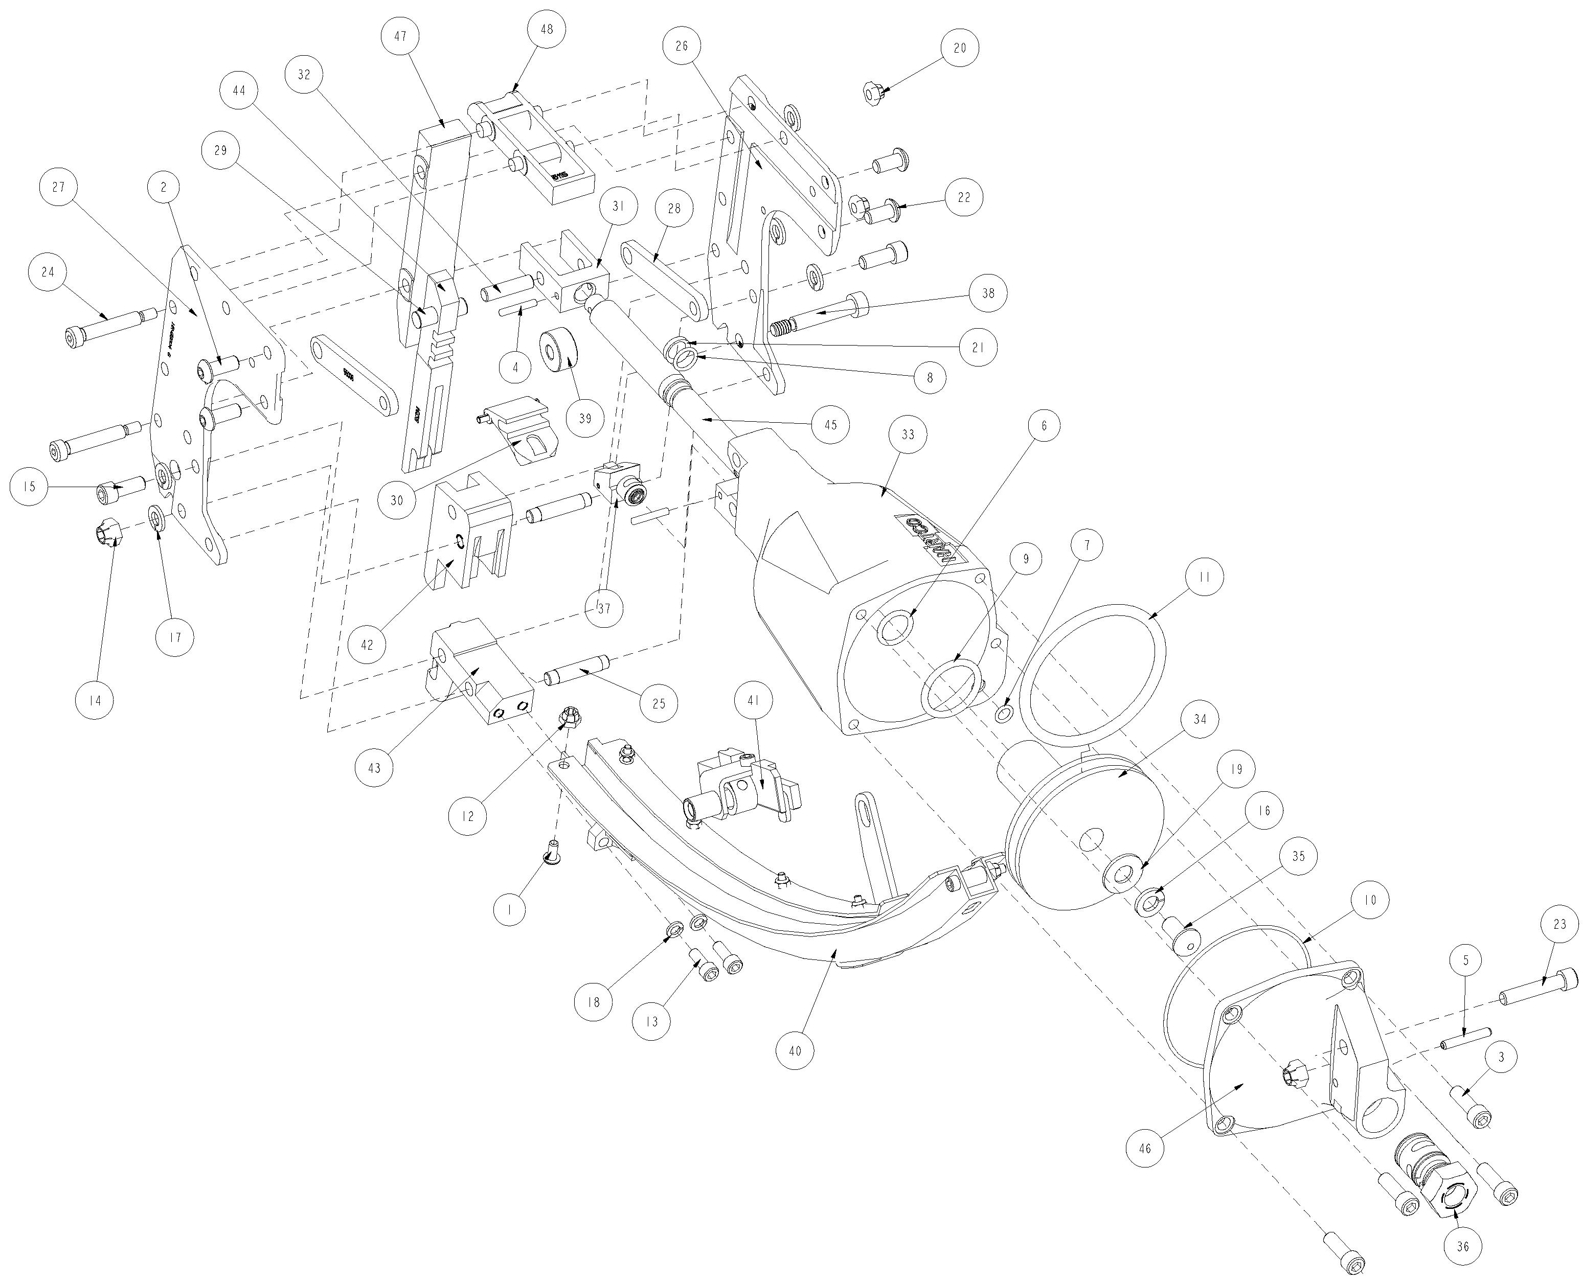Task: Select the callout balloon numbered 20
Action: point(960,48)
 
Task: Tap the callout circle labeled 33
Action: point(908,434)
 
